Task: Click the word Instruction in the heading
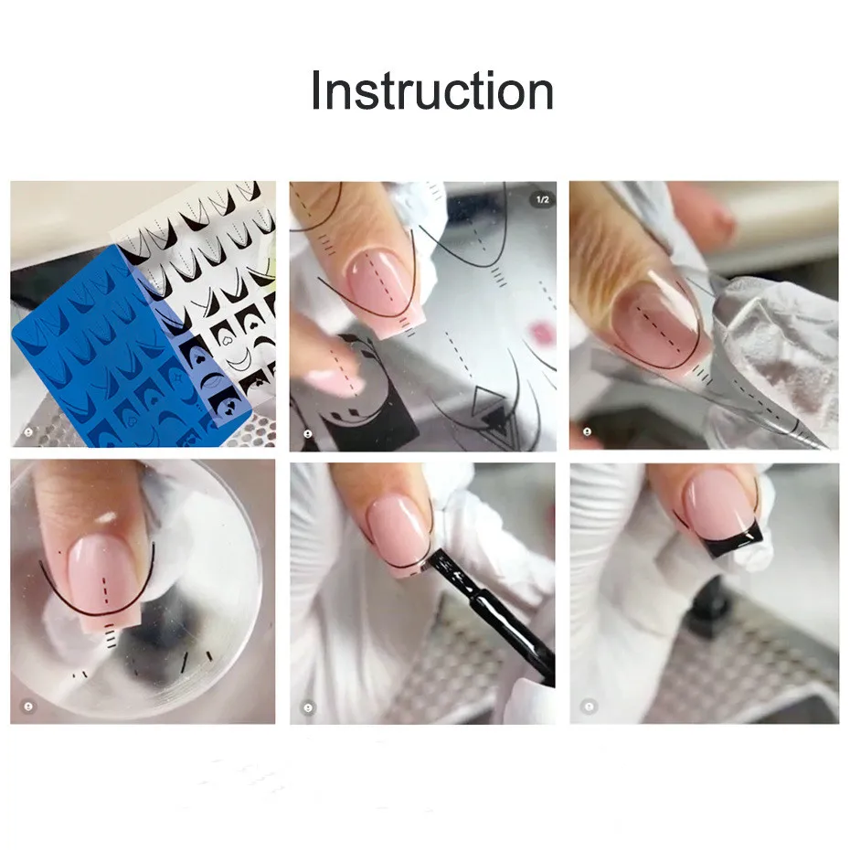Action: click(x=431, y=91)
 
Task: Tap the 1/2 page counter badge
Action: click(x=542, y=199)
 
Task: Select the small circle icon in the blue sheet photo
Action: click(x=27, y=432)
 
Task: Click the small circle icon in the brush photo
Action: click(x=308, y=707)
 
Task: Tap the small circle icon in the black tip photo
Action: click(x=589, y=706)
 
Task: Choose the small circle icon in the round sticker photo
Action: click(x=27, y=707)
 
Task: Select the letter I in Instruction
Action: click(x=316, y=91)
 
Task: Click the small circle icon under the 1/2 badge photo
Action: click(x=308, y=433)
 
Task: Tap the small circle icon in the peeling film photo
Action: click(x=589, y=433)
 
